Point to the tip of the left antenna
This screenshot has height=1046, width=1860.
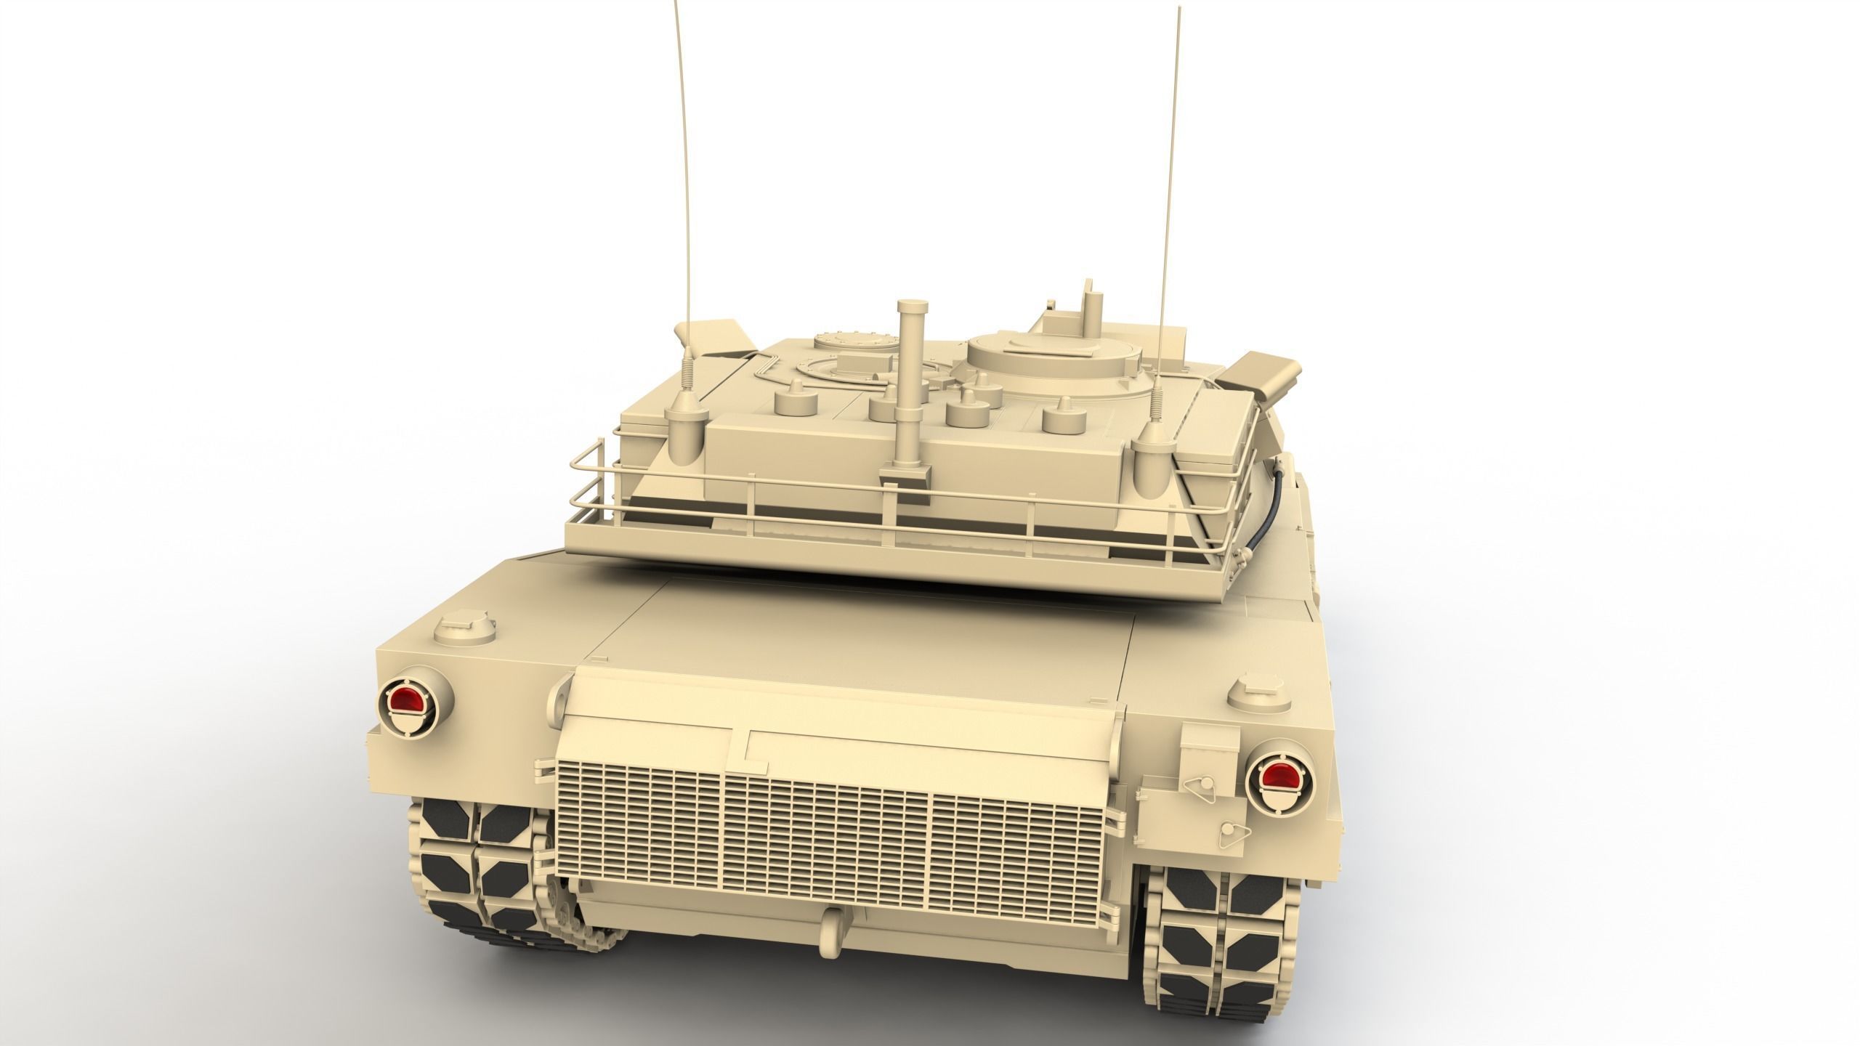coord(168,4)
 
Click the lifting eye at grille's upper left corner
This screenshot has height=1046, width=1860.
coord(562,694)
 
